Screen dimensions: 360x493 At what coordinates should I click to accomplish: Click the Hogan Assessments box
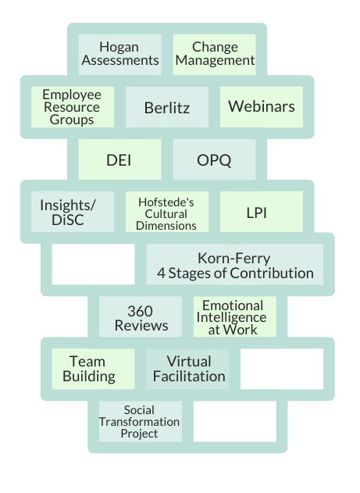coord(120,55)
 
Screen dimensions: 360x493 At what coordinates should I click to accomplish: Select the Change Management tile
coord(215,55)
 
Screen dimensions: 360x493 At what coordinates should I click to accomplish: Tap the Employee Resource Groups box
coord(73,107)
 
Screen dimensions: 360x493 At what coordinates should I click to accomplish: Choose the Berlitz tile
coord(167,107)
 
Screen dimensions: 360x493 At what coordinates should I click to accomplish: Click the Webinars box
coord(262,107)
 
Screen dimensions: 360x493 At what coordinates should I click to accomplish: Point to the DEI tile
coord(120,159)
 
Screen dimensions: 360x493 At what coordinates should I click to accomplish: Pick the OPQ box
coord(215,159)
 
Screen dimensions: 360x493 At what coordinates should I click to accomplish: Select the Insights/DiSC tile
coord(73,212)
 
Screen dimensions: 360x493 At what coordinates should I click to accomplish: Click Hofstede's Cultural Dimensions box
coord(167,212)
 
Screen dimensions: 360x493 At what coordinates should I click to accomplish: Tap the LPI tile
coord(262,212)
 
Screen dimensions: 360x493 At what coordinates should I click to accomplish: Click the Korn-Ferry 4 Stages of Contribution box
coord(235,264)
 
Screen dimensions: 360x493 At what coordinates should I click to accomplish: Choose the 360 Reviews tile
coord(141,316)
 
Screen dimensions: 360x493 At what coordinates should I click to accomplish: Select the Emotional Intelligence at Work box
coord(235,316)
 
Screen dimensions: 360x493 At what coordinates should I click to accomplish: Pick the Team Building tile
coord(93,369)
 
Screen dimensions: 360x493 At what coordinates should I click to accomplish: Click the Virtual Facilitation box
coord(188,369)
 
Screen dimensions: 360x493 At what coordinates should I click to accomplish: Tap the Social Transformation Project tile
coord(141,421)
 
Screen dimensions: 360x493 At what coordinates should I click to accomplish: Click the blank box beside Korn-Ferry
coord(93,264)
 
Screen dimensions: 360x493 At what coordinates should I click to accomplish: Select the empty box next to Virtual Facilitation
coord(282,369)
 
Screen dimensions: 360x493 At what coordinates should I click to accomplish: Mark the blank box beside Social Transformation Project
coord(235,421)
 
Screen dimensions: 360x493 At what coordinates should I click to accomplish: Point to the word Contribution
coord(272,273)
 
